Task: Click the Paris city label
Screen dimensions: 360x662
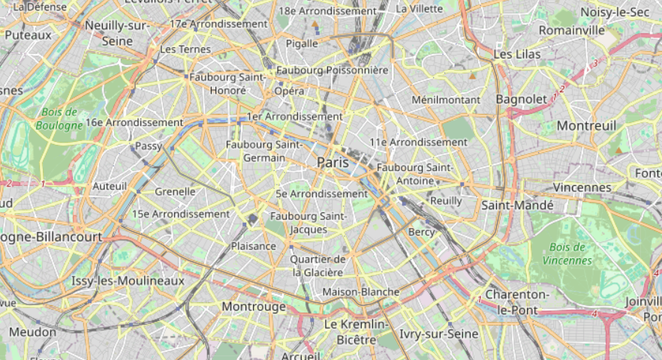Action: coord(333,162)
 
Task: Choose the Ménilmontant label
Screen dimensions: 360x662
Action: coord(446,99)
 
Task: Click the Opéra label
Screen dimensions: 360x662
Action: coord(289,91)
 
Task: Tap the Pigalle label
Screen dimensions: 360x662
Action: coord(302,43)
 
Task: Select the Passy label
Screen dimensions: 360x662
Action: coord(148,146)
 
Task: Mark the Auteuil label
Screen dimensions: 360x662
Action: coord(110,186)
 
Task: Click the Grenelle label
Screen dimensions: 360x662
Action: coord(175,191)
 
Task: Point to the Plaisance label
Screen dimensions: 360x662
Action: coord(254,246)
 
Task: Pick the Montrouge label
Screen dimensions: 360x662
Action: coord(254,307)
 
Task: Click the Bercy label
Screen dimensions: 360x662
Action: coord(421,232)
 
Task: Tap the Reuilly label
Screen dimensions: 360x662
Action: coord(447,200)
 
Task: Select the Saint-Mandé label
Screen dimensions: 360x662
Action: coord(517,205)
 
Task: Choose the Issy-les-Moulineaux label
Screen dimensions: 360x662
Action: coord(128,280)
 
